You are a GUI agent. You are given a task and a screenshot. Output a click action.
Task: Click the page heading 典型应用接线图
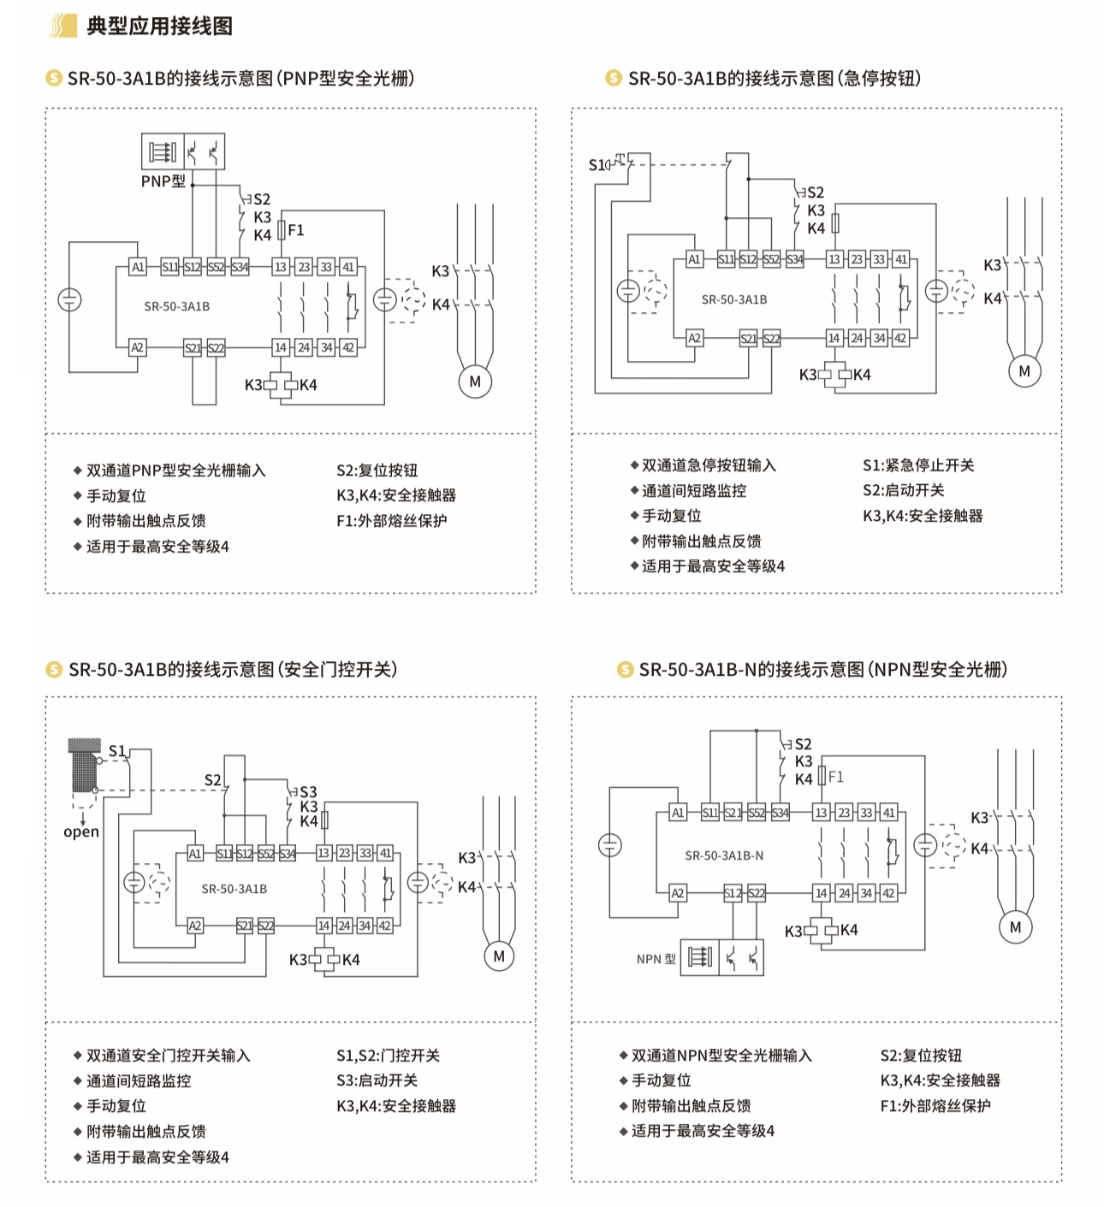[x=159, y=27]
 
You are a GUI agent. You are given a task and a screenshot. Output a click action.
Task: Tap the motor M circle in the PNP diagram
[x=475, y=382]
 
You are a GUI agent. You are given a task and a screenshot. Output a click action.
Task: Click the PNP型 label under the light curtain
[x=163, y=181]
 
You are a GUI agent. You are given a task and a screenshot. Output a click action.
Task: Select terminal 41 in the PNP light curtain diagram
[x=348, y=267]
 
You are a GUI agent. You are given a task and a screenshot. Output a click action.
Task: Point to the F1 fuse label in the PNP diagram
[x=296, y=230]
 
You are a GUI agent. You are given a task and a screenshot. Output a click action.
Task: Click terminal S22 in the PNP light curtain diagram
[x=216, y=347]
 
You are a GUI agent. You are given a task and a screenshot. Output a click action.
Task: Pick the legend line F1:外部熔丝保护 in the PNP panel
[x=391, y=520]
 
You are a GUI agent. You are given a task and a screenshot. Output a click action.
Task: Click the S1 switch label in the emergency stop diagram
[x=597, y=164]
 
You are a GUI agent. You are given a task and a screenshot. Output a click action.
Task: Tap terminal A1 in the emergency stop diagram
[x=694, y=259]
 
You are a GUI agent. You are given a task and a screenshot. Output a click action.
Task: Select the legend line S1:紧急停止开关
[x=917, y=465]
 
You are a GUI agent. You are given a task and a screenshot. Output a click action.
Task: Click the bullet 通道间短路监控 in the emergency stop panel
[x=693, y=491]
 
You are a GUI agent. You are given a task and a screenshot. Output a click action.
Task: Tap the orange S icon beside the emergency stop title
[x=613, y=79]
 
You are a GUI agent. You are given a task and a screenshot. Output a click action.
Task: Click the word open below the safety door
[x=81, y=831]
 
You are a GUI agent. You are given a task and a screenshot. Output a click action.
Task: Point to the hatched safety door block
[x=84, y=766]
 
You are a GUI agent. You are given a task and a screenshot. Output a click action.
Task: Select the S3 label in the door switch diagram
[x=308, y=792]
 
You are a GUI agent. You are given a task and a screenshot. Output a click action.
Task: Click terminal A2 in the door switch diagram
[x=195, y=926]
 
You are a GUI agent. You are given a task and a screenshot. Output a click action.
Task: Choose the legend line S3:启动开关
[x=377, y=1080]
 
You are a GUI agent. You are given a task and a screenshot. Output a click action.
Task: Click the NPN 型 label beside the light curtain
[x=656, y=959]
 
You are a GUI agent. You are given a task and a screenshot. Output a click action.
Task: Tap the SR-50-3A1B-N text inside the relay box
[x=724, y=855]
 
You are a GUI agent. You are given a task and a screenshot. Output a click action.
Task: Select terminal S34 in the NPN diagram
[x=780, y=813]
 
